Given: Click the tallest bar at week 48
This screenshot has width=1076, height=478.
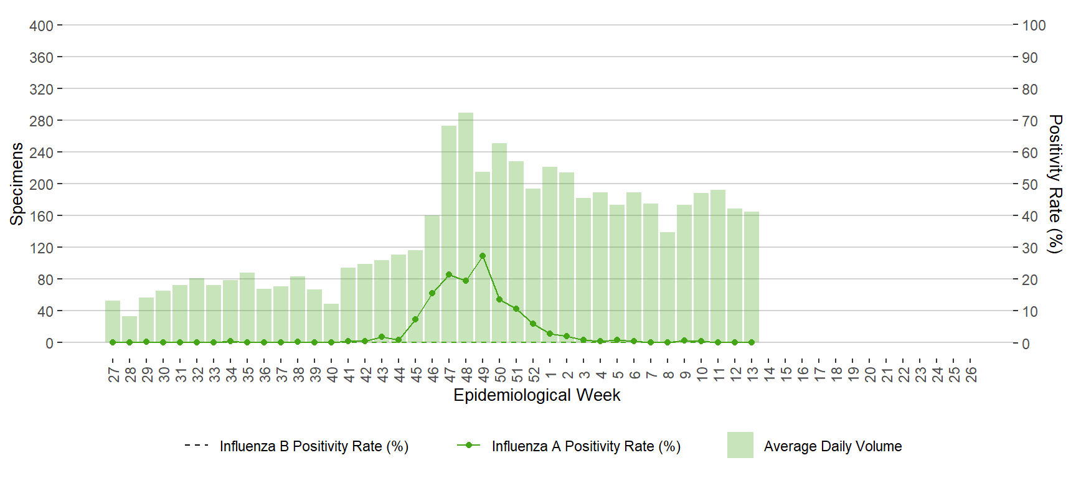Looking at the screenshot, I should coord(466,228).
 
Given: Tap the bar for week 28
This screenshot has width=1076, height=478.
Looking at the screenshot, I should coord(130,329).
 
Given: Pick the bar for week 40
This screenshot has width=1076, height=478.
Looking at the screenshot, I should coord(331,323).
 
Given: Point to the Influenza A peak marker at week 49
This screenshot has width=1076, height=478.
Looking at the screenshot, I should coord(483,256).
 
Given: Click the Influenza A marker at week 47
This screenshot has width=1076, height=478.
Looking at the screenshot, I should coord(449,274).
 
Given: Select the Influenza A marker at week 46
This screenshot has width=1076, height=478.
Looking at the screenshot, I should coord(432,293).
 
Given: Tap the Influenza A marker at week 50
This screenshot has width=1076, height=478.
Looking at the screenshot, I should coord(499,299).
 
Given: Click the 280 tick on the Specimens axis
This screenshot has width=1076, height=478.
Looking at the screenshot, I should coord(41,121).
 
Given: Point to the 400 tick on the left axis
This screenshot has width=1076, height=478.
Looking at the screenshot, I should coord(41,26).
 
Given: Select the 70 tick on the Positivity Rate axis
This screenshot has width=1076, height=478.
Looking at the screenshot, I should coord(1030,121).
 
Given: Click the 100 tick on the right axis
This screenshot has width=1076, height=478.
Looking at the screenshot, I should coord(1034,26).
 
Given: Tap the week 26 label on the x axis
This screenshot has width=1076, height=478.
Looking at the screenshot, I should coord(971,374).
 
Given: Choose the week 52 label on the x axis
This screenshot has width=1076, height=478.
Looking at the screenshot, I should coord(534,374).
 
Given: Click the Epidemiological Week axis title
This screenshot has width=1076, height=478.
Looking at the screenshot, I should coord(537,395).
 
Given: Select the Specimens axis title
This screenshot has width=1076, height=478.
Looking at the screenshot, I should coord(17,184).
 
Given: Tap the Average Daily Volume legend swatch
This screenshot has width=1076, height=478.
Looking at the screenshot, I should coord(740,445).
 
